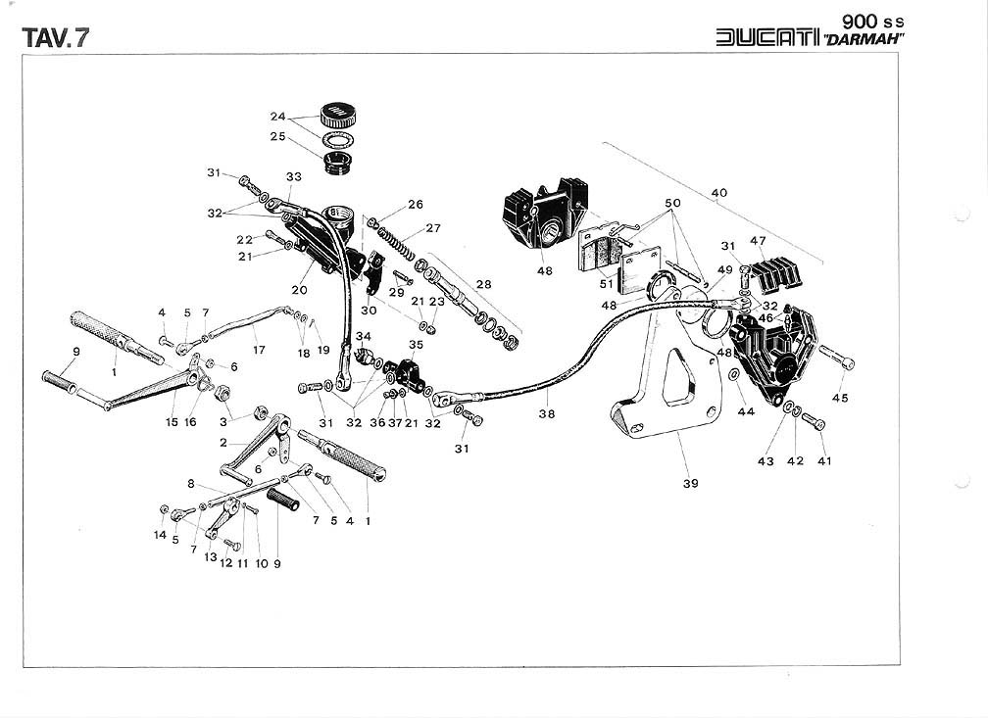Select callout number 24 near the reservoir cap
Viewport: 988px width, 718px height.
tap(277, 117)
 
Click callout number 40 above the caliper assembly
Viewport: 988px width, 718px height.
tap(719, 193)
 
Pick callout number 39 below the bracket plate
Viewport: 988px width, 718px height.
tap(691, 483)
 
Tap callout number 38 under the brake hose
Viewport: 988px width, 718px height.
tap(546, 413)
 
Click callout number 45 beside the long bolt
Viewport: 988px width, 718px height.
tap(841, 398)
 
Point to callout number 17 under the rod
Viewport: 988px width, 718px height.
tap(259, 349)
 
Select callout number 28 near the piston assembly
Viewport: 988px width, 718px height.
tap(483, 283)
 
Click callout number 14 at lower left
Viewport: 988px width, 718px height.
tap(160, 535)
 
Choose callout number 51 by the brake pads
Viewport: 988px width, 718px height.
tap(607, 285)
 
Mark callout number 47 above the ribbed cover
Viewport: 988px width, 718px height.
tap(758, 240)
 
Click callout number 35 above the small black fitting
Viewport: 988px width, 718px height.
tap(416, 346)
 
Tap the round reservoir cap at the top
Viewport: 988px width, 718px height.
tap(336, 113)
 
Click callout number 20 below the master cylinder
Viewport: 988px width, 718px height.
tap(299, 290)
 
